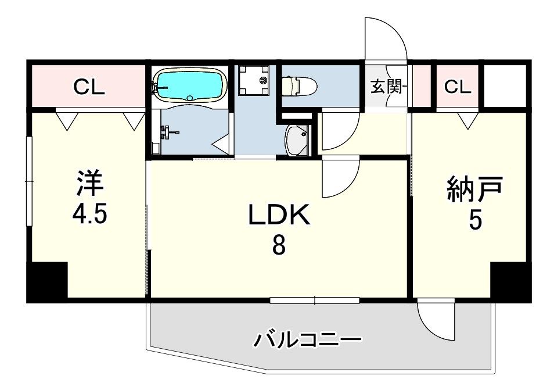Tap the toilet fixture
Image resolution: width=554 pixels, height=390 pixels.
pos(300,85)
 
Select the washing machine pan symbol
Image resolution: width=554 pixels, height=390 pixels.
pos(254,80)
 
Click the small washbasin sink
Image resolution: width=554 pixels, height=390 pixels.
pos(297,141)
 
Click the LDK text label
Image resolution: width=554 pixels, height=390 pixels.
pos(279,215)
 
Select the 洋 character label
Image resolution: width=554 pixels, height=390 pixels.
pos(90,183)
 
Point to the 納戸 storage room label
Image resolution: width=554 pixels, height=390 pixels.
pos(474,190)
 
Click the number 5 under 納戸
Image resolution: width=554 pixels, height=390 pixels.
pos(475,221)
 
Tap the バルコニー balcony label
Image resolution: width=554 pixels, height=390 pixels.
pos(308,340)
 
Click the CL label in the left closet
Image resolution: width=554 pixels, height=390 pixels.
pos(89,86)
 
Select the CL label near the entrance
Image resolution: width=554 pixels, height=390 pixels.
pos(458,86)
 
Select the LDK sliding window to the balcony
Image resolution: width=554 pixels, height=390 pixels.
pos(314,300)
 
